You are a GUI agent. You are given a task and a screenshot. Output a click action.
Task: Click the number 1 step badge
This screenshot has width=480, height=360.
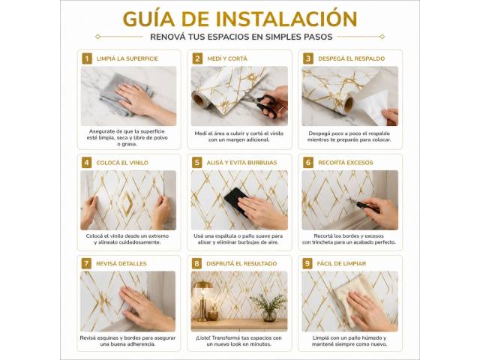click(87, 58)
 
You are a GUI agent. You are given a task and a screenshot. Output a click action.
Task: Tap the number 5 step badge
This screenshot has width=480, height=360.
click(197, 163)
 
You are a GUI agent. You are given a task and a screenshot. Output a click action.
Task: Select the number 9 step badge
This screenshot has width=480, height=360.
click(307, 263)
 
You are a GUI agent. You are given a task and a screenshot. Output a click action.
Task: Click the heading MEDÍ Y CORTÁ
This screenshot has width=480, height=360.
click(227, 58)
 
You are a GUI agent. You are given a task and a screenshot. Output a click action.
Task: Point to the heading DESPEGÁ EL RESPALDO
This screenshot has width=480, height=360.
click(352, 58)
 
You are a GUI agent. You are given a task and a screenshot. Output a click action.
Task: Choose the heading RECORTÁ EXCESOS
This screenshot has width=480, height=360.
click(346, 163)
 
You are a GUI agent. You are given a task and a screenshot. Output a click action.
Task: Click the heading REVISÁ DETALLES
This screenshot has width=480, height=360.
click(121, 264)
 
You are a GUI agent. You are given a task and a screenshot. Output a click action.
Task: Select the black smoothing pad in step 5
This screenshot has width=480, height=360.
click(236, 201)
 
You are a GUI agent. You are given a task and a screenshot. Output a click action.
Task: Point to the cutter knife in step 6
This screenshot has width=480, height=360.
click(365, 205)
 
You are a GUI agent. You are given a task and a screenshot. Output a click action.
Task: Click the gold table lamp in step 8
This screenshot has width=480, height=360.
click(202, 300)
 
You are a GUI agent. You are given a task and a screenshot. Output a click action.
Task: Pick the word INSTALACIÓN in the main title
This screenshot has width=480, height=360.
click(286, 19)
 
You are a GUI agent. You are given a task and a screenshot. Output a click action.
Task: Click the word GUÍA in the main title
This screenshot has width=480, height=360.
click(148, 19)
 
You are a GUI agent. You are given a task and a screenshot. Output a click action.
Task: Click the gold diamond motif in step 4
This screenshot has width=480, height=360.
click(127, 203)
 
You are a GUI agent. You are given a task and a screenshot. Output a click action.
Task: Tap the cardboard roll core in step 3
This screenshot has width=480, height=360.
click(349, 104)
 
